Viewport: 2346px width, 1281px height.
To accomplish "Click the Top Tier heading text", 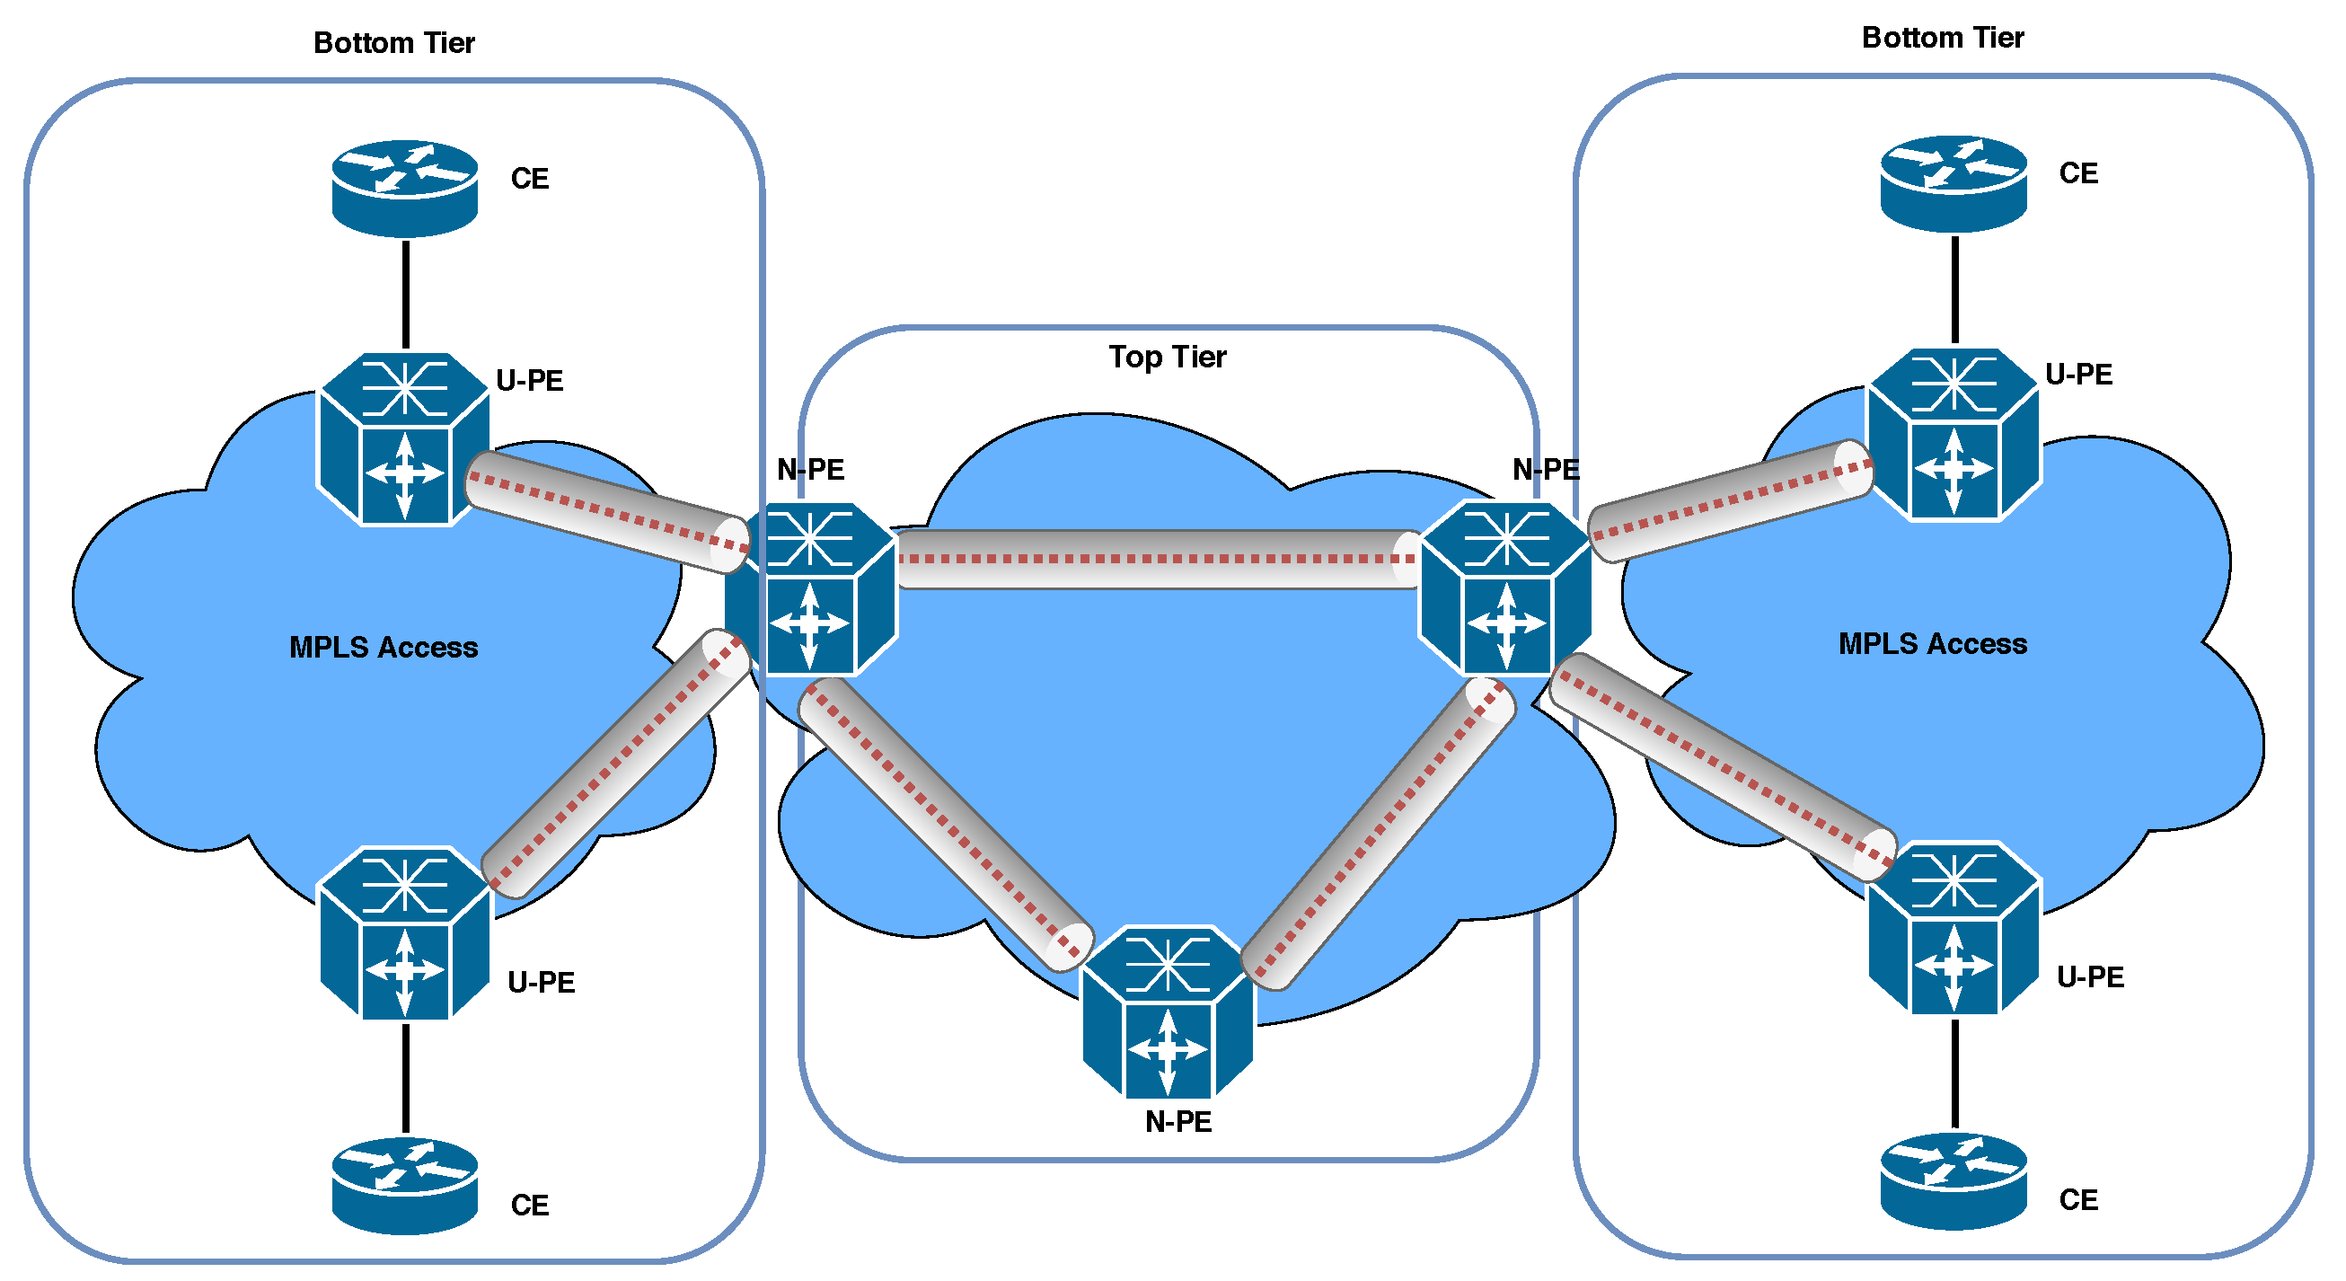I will point(1167,357).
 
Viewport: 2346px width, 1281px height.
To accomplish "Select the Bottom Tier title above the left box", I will point(393,42).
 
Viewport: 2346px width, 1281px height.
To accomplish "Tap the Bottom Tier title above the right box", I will point(1942,38).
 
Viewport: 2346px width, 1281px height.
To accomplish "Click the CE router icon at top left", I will point(404,187).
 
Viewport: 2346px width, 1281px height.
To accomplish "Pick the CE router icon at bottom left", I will point(404,1184).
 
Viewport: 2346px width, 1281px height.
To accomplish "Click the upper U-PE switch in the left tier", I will point(403,439).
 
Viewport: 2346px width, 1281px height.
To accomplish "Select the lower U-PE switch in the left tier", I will point(405,933).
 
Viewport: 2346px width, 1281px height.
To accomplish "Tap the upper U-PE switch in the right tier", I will point(1953,435).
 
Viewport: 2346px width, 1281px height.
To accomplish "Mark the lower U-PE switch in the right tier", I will point(1954,927).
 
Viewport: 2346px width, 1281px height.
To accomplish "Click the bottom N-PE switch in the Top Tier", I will point(1167,1012).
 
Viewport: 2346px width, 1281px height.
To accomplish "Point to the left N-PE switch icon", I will point(810,589).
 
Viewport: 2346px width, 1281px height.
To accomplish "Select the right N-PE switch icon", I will point(1505,588).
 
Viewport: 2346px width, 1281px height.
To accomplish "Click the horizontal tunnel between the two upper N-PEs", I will point(1157,559).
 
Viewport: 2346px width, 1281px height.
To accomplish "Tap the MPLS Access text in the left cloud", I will point(384,647).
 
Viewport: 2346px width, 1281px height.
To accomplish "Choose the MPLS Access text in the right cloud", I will point(1932,643).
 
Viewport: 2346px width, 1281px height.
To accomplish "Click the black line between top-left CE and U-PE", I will point(405,294).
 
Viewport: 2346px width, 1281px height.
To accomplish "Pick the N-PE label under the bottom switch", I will point(1177,1122).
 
